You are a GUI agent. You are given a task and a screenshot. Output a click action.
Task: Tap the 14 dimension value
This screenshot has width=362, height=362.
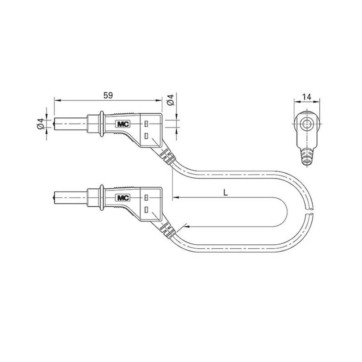(x=307, y=97)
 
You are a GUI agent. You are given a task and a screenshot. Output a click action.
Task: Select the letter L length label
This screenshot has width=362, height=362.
(x=225, y=193)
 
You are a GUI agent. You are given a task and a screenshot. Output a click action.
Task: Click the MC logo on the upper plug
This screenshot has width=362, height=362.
(x=122, y=124)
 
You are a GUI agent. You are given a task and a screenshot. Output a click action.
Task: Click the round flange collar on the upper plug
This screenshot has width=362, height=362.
(x=102, y=124)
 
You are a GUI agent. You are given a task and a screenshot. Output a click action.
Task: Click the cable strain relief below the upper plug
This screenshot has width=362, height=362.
(x=167, y=156)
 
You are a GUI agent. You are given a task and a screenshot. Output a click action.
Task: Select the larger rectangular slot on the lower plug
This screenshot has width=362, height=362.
(x=146, y=210)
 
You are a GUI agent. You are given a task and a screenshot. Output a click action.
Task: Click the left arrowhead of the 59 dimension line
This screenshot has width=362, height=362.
(x=56, y=100)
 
